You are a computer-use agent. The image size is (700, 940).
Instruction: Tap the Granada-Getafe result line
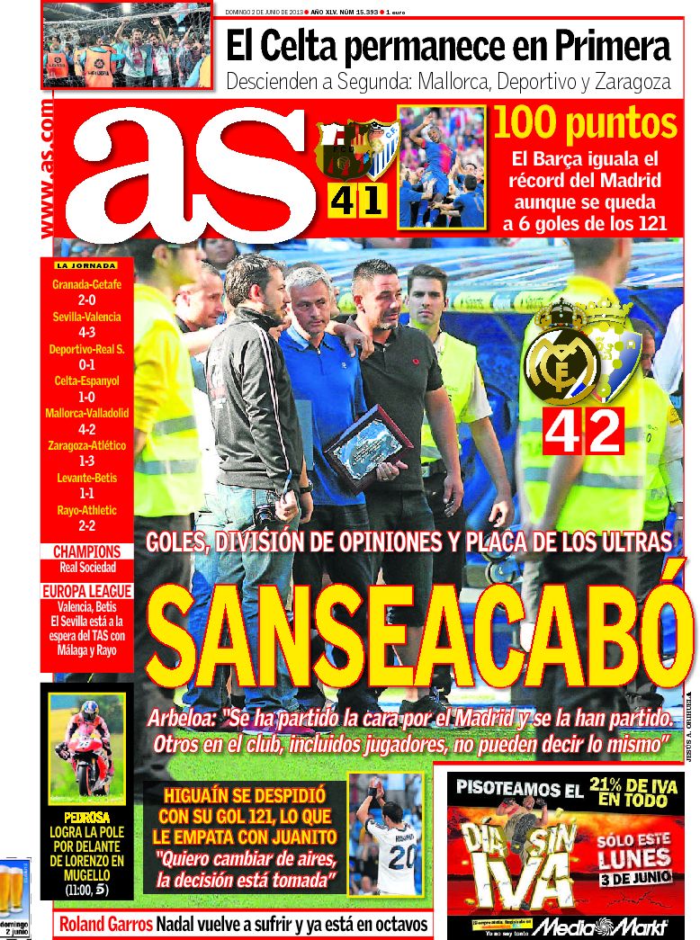(x=87, y=285)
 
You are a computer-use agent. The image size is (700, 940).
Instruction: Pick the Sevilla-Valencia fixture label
(x=87, y=317)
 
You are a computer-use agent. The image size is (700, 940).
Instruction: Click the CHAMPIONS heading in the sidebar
(x=87, y=551)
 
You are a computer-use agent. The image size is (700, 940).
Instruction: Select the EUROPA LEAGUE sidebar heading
(x=87, y=591)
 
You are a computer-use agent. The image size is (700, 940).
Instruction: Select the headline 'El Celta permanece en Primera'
(x=447, y=45)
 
